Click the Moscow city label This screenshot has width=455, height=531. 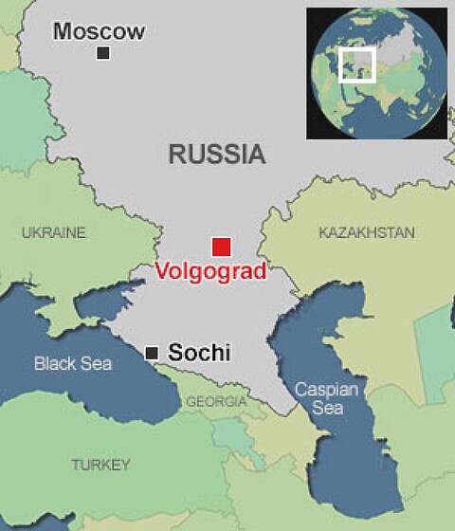[x=100, y=31]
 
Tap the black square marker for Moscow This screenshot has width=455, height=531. [x=102, y=53]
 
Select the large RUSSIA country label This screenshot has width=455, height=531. [x=216, y=155]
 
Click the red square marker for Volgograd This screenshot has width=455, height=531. [x=221, y=247]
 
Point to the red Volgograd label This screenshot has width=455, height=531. [x=209, y=270]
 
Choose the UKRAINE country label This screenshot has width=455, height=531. [x=53, y=232]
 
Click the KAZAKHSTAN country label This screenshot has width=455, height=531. [x=367, y=232]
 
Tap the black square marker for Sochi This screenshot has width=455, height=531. [x=151, y=353]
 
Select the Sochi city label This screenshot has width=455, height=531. [x=199, y=353]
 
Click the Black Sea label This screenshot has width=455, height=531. [x=73, y=363]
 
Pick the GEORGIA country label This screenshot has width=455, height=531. [x=215, y=402]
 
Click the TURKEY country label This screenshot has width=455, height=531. [x=100, y=465]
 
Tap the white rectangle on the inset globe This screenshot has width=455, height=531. [x=356, y=64]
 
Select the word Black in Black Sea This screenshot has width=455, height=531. [x=53, y=363]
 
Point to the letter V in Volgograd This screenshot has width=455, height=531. [x=162, y=270]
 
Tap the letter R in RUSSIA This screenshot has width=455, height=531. [x=177, y=155]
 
